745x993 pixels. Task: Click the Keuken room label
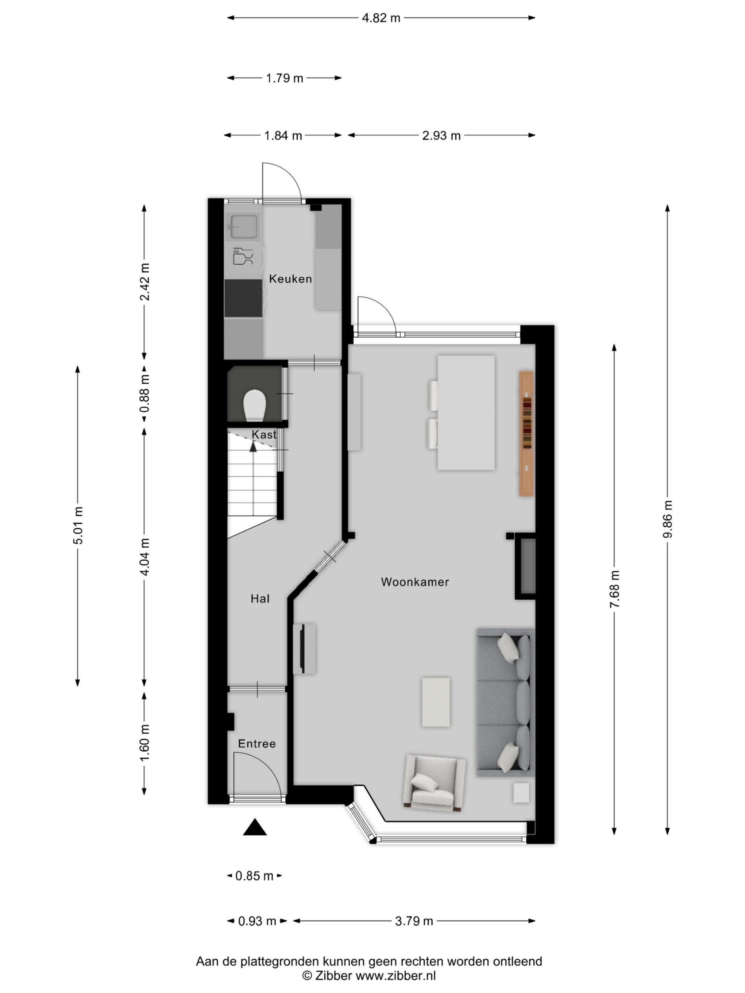coord(290,279)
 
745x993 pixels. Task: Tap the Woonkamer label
coord(414,582)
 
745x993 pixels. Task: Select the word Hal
coord(260,599)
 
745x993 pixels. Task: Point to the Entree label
coord(257,744)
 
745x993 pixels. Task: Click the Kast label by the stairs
coord(264,434)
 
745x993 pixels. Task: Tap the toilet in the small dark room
coord(255,405)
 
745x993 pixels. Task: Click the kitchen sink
coord(244,227)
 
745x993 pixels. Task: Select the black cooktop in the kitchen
coord(243,298)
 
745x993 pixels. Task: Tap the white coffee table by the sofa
coord(436,702)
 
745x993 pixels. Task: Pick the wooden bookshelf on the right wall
coord(526,433)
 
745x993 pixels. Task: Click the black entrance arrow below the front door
coord(255,827)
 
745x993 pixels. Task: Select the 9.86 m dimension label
coord(668,519)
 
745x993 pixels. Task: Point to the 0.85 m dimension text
coord(254,876)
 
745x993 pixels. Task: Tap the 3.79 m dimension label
coord(414,921)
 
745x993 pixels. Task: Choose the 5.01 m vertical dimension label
coord(78,525)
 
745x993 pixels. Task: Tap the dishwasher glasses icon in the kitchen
coord(243,256)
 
